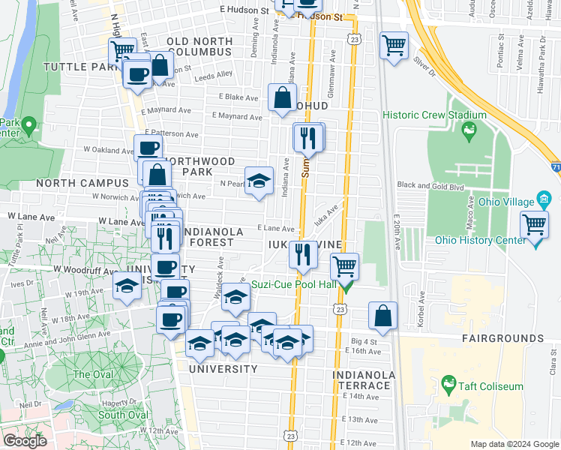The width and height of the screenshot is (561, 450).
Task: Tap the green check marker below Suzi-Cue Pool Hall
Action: (346, 286)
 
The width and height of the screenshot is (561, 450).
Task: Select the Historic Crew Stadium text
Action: (429, 115)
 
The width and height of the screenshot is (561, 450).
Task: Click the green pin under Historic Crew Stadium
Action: (469, 132)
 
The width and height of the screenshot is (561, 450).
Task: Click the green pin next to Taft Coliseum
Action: (449, 386)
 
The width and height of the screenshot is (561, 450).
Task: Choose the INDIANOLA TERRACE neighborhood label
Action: (364, 379)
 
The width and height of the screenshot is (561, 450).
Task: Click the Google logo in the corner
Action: (25, 441)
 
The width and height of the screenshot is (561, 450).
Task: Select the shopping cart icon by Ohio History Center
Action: (535, 224)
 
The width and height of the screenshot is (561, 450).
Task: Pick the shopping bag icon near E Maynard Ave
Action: (282, 97)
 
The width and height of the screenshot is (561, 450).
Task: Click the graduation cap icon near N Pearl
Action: (259, 181)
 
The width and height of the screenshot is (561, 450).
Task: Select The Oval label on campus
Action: (93, 374)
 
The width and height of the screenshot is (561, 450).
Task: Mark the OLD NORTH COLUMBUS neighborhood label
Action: (199, 46)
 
